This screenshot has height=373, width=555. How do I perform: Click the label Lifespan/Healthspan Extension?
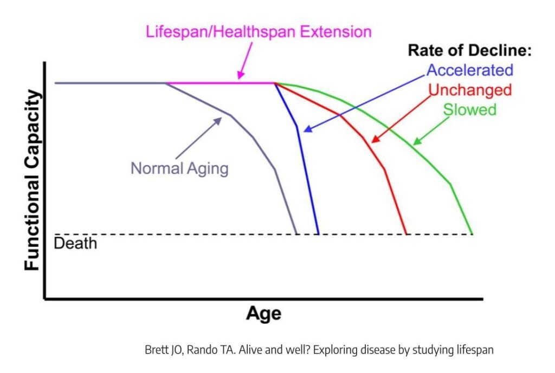(x=259, y=31)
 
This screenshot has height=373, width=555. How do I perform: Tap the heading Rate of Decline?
(x=469, y=51)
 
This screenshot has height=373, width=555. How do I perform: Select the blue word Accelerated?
(x=469, y=70)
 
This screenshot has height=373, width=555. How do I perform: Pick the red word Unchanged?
(x=469, y=89)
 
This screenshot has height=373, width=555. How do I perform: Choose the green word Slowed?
(x=470, y=109)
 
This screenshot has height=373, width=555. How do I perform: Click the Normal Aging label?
(x=179, y=168)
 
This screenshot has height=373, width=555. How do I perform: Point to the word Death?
(x=75, y=243)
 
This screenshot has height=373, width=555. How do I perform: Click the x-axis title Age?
(x=264, y=313)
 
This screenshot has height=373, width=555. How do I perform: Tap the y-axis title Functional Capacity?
(x=33, y=180)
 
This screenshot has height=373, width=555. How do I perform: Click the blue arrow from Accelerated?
(x=369, y=101)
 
